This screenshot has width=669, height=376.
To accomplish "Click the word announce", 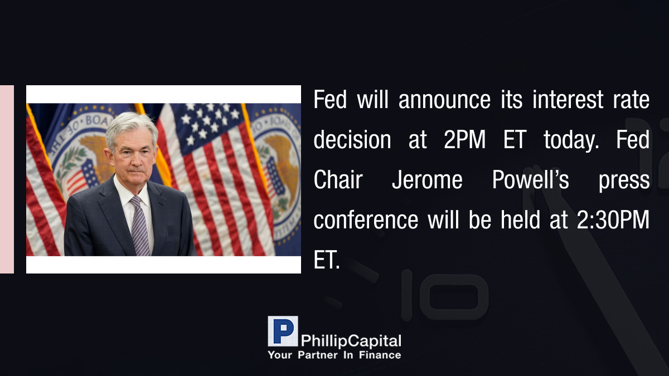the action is pyautogui.click(x=444, y=100).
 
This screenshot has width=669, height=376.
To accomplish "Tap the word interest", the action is pyautogui.click(x=568, y=99).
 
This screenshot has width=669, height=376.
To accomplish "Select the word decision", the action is pyautogui.click(x=352, y=139).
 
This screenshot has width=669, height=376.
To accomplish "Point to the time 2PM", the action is pyautogui.click(x=465, y=139).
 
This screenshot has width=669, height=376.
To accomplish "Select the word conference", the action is pyautogui.click(x=366, y=220).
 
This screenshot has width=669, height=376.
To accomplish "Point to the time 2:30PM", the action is pyautogui.click(x=613, y=220).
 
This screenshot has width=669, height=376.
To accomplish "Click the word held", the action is pyautogui.click(x=520, y=219).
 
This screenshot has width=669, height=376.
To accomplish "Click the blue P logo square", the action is pyautogui.click(x=283, y=331).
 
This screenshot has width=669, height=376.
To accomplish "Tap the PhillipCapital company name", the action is pyautogui.click(x=351, y=341).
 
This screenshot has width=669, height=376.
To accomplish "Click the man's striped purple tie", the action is pyautogui.click(x=140, y=226).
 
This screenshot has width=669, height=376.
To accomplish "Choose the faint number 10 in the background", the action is pyautogui.click(x=444, y=295).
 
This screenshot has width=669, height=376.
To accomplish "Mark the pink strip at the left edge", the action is pyautogui.click(x=7, y=179).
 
